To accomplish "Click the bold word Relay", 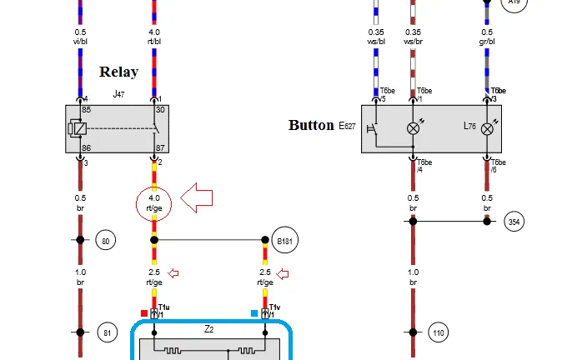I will tap(118, 72).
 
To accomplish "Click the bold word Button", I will tap(310, 125).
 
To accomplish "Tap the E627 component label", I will tap(348, 126).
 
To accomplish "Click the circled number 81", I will tap(106, 332).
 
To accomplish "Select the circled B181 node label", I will tap(284, 241).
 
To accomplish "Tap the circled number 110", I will tap(439, 333).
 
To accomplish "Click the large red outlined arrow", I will tap(197, 198).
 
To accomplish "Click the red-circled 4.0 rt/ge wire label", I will tap(153, 203).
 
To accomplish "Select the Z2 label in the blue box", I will tap(209, 329).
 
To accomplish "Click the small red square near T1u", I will tap(144, 313).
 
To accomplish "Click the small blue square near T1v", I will tap(254, 313).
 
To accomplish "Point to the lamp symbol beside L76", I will tap(488, 128).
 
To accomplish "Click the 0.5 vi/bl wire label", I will tap(80, 36).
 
